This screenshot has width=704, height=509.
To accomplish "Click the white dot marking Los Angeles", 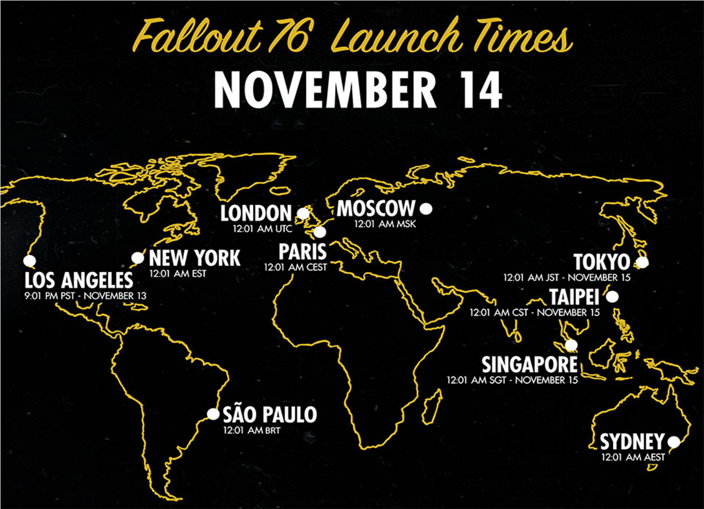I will click(x=30, y=261).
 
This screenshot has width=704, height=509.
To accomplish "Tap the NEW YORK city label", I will click(x=195, y=258).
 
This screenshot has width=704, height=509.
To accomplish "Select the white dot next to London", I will click(x=303, y=213).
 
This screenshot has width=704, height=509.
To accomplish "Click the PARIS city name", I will click(x=302, y=252).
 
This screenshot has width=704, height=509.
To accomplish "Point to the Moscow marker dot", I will click(x=426, y=209).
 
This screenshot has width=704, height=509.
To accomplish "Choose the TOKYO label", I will click(x=602, y=262).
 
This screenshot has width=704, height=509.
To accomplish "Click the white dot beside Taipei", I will click(x=612, y=297).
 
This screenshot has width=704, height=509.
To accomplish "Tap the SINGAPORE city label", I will click(x=529, y=365).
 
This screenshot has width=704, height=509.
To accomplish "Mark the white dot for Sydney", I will click(x=674, y=442).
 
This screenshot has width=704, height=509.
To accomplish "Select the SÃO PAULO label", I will click(x=270, y=414).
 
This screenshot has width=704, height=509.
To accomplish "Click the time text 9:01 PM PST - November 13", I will click(x=86, y=296).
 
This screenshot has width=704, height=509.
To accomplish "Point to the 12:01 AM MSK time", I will click(x=385, y=224).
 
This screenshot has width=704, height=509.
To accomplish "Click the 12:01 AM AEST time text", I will click(x=633, y=457).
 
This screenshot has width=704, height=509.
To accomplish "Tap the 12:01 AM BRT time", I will click(x=251, y=430).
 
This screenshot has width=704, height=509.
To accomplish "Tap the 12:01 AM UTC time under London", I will click(x=262, y=229).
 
